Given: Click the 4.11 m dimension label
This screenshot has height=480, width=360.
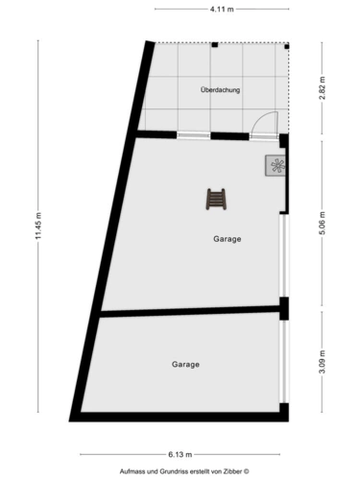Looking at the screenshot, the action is pyautogui.click(x=222, y=10).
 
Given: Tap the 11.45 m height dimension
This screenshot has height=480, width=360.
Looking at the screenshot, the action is pyautogui.click(x=38, y=226).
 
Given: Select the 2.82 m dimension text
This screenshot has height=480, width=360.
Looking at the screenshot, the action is pyautogui.click(x=322, y=88).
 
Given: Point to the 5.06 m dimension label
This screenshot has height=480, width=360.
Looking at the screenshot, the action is pyautogui.click(x=322, y=223).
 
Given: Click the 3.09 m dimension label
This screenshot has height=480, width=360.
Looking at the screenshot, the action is pyautogui.click(x=322, y=362).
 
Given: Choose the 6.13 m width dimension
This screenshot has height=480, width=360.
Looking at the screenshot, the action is pyautogui.click(x=180, y=454).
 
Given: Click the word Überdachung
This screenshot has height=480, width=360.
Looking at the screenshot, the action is pyautogui.click(x=220, y=90).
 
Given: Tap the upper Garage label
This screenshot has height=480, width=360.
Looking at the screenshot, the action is pyautogui.click(x=228, y=239).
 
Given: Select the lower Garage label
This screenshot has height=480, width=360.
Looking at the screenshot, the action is pyautogui.click(x=185, y=364).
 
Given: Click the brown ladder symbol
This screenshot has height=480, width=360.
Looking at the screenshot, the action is pyautogui.click(x=216, y=199).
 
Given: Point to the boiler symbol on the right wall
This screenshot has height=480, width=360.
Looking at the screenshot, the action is pyautogui.click(x=276, y=165).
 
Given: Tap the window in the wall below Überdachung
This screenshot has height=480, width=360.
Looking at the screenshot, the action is pyautogui.click(x=193, y=135).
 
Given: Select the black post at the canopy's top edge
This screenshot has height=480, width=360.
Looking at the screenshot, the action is pyautogui.click(x=215, y=45).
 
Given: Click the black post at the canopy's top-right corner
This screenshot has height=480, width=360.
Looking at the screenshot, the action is pyautogui.click(x=287, y=46).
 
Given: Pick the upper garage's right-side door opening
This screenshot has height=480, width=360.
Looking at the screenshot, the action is pyautogui.click(x=284, y=255).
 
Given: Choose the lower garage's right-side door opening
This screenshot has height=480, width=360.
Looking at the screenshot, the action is pyautogui.click(x=284, y=362).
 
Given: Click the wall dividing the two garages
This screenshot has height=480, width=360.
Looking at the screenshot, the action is pyautogui.click(x=190, y=311).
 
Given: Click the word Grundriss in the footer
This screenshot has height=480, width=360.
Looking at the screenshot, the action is pyautogui.click(x=176, y=471).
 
